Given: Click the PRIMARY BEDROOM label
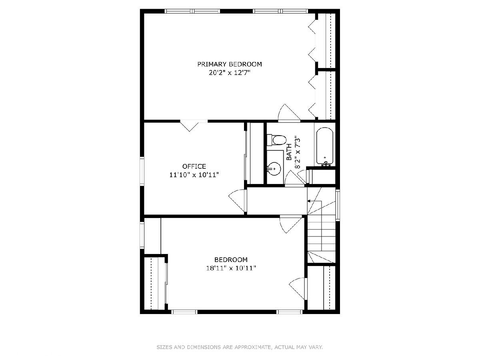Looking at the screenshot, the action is (x=229, y=64).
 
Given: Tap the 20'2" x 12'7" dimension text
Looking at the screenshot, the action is (x=229, y=72).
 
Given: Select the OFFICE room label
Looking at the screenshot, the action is (x=194, y=166).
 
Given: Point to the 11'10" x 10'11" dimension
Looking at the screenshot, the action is (x=194, y=175).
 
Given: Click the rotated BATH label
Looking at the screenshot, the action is (x=289, y=152).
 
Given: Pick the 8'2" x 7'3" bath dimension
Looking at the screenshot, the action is (x=297, y=152).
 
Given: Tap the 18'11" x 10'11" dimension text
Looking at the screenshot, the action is (x=231, y=268).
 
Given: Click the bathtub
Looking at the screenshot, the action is (x=325, y=147).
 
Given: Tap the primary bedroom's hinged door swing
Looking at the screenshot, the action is (x=289, y=113).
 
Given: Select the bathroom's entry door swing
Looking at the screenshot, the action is (x=294, y=178).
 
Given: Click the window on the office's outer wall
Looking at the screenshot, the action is (x=142, y=171).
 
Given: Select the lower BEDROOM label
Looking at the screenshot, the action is (x=231, y=260).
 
